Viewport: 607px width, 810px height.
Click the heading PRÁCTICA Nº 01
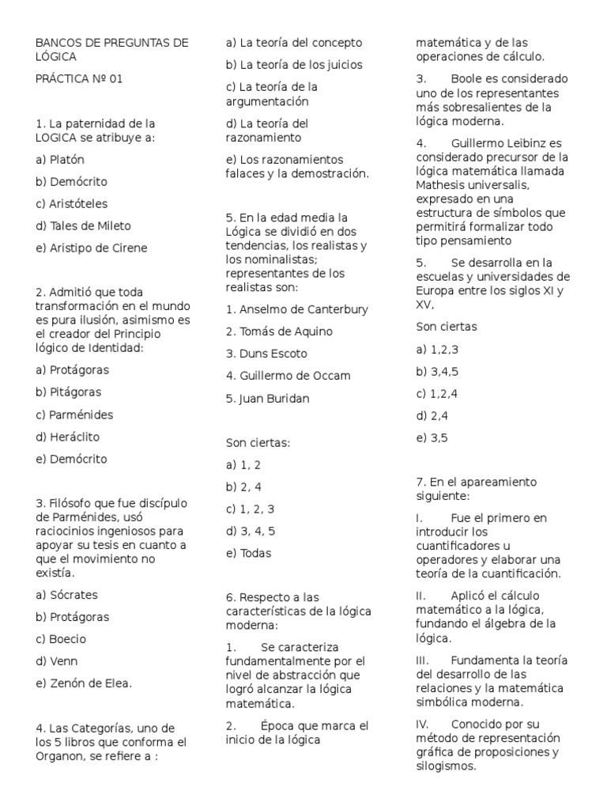[x=79, y=79]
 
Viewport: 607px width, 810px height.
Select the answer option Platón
[x=60, y=159]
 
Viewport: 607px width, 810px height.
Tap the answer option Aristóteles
[x=72, y=203]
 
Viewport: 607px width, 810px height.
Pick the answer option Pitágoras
[x=68, y=392]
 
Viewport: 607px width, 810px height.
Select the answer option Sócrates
[x=66, y=595]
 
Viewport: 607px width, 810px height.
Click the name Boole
[x=466, y=79]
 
